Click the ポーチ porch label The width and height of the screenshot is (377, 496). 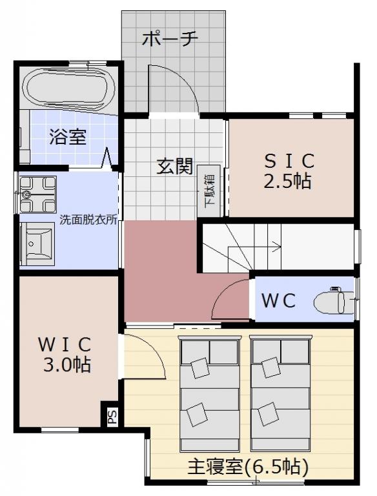(x=170, y=39)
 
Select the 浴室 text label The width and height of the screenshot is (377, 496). (x=68, y=137)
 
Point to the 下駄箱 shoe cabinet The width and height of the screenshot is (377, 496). (x=209, y=191)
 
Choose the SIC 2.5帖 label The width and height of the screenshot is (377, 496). (x=289, y=170)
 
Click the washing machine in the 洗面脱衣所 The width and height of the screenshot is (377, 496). (x=37, y=194)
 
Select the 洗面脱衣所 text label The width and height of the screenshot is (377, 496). (x=88, y=220)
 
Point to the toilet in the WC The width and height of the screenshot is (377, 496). (x=334, y=300)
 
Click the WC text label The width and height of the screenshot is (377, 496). (x=279, y=300)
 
